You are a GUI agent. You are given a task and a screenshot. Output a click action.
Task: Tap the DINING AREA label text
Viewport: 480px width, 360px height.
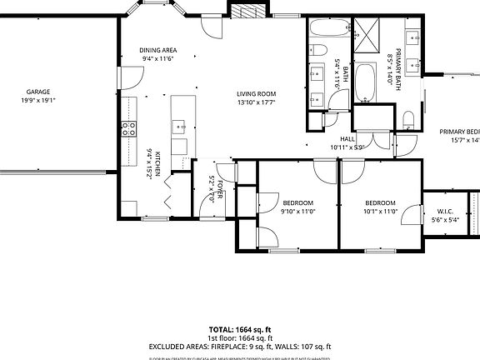coord(157,51)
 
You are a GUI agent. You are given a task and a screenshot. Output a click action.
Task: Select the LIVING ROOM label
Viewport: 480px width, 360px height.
coord(257,94)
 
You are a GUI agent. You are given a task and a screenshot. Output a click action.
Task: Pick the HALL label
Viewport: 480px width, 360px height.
coord(347,139)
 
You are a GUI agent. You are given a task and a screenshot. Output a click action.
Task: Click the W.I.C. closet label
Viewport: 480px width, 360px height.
coord(445,211)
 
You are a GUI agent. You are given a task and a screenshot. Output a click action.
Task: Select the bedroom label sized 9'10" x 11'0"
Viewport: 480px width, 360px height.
coord(297,203)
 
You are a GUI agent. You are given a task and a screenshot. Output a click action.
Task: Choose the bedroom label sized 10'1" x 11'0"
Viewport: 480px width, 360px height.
coord(380,203)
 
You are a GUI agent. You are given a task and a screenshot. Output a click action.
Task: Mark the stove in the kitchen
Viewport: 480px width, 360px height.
coord(129,128)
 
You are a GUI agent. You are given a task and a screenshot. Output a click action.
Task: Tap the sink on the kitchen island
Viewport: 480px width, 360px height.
coord(179,127)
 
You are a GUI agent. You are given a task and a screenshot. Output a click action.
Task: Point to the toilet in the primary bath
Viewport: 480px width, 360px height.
coord(408,122)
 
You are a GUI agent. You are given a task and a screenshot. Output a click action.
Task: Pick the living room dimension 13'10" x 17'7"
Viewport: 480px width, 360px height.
coord(257,103)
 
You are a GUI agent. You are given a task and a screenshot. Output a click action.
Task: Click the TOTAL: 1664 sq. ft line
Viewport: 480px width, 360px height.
coord(240,330)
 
